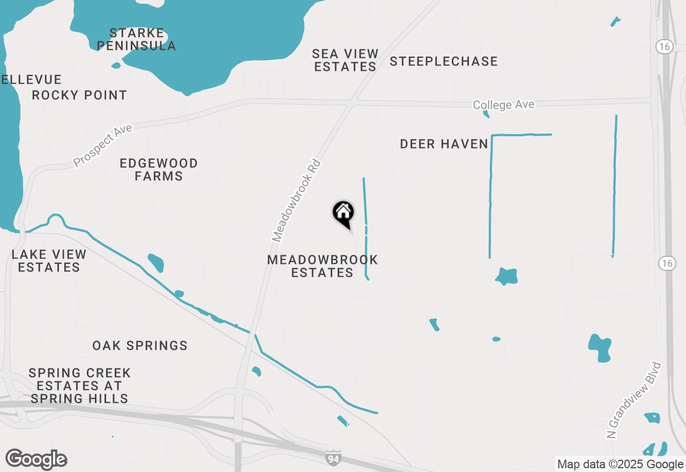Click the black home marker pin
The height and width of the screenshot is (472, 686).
[x=343, y=213]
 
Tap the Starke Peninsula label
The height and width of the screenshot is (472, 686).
[x=137, y=39]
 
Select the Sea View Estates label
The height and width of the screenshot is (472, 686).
[x=345, y=60]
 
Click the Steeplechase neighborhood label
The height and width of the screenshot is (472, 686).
[x=444, y=62]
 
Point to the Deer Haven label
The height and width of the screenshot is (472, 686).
[x=444, y=144]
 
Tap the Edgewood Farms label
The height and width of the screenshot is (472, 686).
[x=159, y=169]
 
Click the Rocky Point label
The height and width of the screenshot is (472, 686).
[x=79, y=95]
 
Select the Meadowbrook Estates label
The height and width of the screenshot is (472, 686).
[x=323, y=266]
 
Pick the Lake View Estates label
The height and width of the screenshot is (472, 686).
[x=49, y=261]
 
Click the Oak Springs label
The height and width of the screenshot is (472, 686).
[x=140, y=345]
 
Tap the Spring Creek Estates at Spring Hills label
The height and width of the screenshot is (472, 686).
[x=79, y=385]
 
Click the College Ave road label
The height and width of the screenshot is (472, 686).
[x=504, y=105]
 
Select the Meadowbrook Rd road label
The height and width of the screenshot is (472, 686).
[x=296, y=200]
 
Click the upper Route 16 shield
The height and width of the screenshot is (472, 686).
[x=665, y=47]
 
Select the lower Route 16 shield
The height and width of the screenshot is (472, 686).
[x=667, y=263]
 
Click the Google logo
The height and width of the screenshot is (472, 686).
[x=36, y=459]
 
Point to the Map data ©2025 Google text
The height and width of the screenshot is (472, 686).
[x=620, y=464]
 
